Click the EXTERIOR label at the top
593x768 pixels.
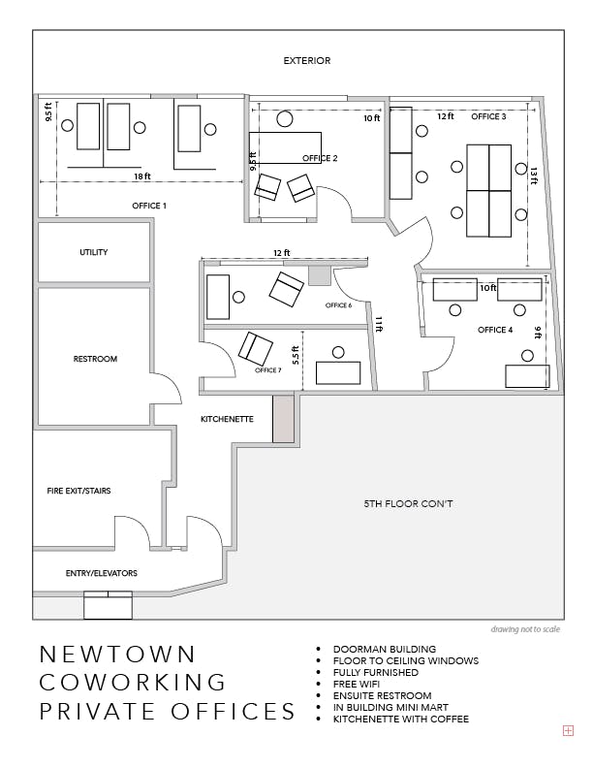(x=307, y=61)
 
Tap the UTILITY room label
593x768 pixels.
(x=93, y=252)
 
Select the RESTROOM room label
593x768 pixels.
(x=95, y=359)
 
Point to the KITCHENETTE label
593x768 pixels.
(x=227, y=419)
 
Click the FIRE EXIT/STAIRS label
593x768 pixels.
(x=78, y=491)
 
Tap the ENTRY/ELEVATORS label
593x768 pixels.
(x=102, y=573)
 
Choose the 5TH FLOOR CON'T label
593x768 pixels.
(x=408, y=503)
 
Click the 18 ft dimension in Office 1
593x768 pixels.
(x=142, y=176)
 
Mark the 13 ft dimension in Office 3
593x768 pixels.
(x=534, y=176)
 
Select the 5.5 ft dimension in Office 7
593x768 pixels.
(x=296, y=356)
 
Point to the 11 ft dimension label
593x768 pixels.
(x=378, y=324)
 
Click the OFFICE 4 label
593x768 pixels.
(x=495, y=330)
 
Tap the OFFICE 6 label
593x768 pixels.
(x=338, y=305)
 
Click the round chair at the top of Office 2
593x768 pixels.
(x=284, y=119)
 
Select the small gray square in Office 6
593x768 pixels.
(x=320, y=275)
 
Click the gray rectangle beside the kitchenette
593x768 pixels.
(x=283, y=419)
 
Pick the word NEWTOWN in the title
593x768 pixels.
(x=117, y=655)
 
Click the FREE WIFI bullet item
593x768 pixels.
(x=357, y=684)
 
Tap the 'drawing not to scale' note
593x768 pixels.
(x=525, y=629)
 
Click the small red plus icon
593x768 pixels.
(x=568, y=731)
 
